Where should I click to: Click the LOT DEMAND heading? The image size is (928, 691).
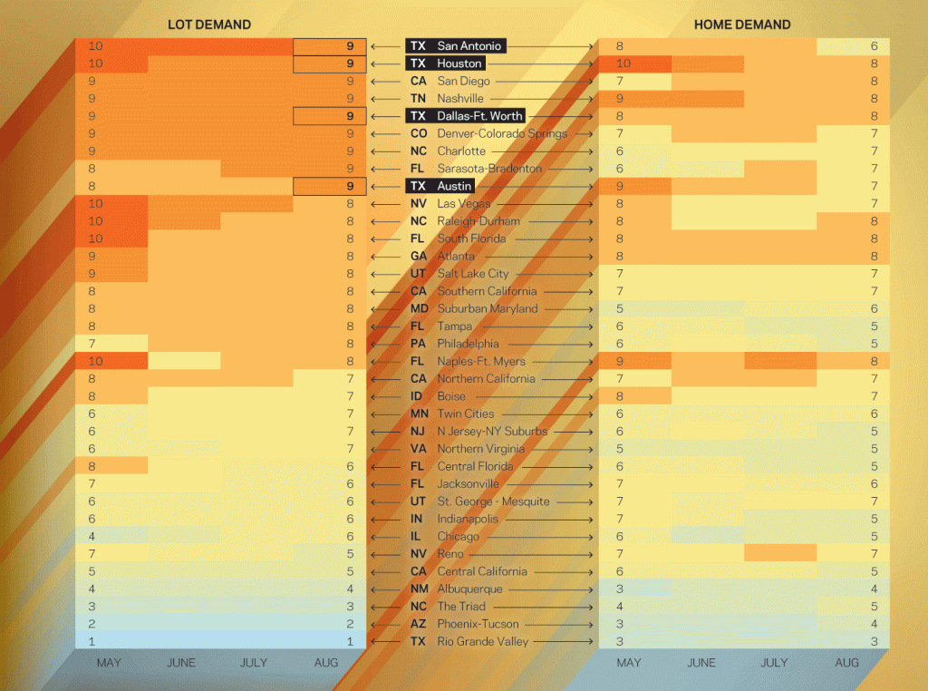[x=209, y=24]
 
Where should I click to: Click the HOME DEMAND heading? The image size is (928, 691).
[x=742, y=24]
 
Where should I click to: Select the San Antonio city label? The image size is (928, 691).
[x=469, y=46]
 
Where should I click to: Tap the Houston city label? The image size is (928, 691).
[x=459, y=63]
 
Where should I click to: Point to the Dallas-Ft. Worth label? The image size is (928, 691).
[x=480, y=116]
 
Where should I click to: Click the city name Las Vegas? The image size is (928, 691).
[x=463, y=204]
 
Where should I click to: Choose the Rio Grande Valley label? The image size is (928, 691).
[x=483, y=641]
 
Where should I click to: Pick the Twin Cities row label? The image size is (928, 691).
[x=466, y=414]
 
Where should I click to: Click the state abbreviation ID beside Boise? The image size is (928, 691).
[x=418, y=396]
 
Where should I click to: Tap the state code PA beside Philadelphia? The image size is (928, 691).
[x=418, y=344]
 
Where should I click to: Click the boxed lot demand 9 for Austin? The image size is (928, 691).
[x=349, y=187]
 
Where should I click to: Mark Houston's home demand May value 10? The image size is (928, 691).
[x=623, y=63]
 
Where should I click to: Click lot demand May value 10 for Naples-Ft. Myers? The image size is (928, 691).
[x=96, y=362]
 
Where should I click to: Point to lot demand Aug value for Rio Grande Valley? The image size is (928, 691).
[x=349, y=641]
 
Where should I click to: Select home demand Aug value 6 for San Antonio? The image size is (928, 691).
[x=875, y=46]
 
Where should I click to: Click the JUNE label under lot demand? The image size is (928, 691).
[x=181, y=663]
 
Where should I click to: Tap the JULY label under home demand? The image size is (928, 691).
[x=774, y=663]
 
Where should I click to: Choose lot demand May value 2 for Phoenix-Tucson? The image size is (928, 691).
[x=92, y=624]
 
